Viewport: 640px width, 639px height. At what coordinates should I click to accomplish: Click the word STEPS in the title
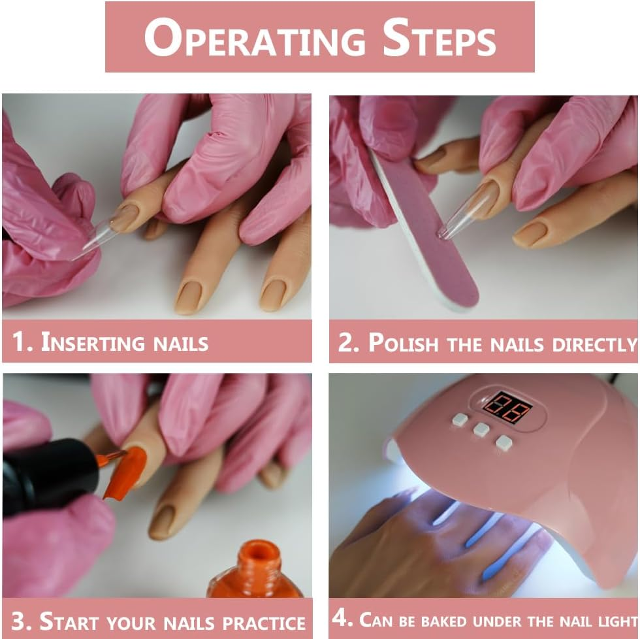(x=439, y=39)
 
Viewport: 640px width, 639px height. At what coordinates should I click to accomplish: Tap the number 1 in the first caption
(x=22, y=342)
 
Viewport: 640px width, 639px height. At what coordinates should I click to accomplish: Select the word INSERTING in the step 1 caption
(x=93, y=342)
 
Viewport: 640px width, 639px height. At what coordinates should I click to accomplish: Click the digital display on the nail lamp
(x=507, y=407)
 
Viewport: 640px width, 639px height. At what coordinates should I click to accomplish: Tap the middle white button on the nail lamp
(x=481, y=429)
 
